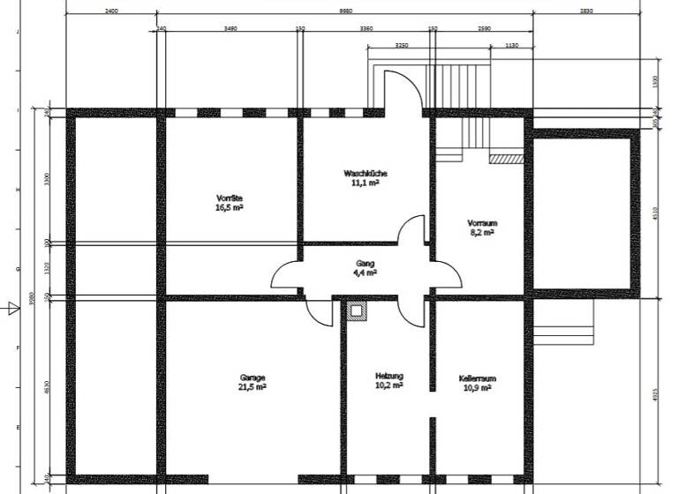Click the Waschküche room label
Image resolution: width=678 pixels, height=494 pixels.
coord(365,173)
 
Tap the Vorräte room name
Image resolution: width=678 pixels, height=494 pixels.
coord(229,198)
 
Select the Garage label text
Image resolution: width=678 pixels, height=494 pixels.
coord(252,377)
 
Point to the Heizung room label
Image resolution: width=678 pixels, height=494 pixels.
coord(388,376)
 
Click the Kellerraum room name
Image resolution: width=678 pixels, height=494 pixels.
coord(477,378)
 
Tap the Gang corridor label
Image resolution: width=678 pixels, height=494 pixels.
coord(365,263)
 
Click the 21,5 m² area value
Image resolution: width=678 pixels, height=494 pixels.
coord(252,386)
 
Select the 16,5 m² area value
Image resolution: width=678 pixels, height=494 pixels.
coord(229,207)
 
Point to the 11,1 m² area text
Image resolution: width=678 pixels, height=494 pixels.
coord(365,183)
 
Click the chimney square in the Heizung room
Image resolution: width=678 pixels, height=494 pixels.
coord(356,311)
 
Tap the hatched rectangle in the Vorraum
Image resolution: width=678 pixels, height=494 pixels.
coord(507,159)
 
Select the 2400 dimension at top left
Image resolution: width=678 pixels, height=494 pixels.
coord(112,11)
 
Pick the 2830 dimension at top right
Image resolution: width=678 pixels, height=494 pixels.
coord(586,11)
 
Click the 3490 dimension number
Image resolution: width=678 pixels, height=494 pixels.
coord(230,28)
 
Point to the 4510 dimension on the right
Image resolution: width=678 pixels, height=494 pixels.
coord(654,213)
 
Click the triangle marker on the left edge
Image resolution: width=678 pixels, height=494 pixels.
coord(12,308)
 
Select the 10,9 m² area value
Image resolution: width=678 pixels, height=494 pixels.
coord(477,387)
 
